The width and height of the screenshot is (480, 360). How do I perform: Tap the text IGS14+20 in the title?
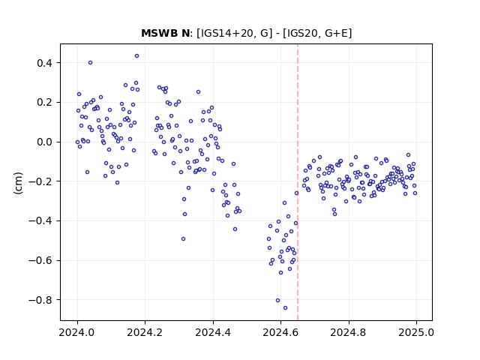[228, 33]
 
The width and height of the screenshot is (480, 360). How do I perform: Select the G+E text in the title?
[336, 33]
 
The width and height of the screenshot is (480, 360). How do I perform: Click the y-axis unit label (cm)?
[18, 183]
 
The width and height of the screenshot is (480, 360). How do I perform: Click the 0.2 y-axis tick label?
[44, 103]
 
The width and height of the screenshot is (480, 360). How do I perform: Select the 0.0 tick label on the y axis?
[44, 142]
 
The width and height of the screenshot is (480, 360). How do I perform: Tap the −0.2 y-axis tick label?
[40, 181]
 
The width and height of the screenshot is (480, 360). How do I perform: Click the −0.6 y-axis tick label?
[40, 260]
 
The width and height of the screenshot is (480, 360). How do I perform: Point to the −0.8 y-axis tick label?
[40, 300]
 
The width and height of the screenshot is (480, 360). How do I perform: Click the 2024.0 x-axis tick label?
[77, 332]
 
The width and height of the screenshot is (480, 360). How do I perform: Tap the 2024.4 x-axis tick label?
[213, 332]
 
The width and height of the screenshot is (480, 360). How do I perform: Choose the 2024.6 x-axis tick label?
[280, 332]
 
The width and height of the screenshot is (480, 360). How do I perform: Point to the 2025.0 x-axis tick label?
[416, 332]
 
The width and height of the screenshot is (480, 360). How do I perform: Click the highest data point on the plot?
[136, 56]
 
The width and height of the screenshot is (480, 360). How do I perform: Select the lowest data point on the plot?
[285, 308]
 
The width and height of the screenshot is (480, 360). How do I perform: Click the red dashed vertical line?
[298, 182]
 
